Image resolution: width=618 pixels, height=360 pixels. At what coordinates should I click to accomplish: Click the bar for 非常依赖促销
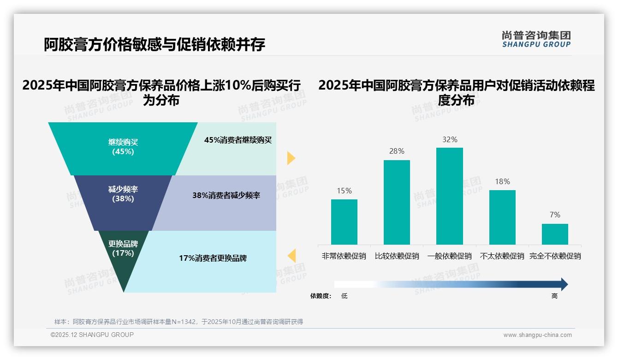tap(344, 222)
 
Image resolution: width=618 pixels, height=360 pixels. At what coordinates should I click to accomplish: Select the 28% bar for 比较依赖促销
tap(397, 202)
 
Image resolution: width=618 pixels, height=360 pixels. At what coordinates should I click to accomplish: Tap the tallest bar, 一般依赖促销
tap(450, 196)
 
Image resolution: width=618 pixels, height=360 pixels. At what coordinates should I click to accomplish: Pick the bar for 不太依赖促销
tap(502, 217)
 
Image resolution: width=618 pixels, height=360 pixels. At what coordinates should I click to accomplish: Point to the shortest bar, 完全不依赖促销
tap(555, 234)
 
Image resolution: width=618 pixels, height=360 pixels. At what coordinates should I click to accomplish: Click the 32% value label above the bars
tap(450, 139)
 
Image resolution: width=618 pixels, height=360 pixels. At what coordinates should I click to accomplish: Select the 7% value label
tap(555, 215)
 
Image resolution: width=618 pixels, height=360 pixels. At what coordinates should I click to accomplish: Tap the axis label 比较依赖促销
tap(397, 256)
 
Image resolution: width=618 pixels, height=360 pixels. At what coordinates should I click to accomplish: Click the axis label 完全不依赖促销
tap(555, 256)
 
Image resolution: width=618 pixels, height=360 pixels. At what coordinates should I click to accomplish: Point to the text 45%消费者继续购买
tap(238, 140)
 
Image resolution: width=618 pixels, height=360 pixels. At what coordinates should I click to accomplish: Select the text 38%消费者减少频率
tap(226, 195)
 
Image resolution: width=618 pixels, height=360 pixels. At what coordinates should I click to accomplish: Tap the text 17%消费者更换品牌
tap(213, 258)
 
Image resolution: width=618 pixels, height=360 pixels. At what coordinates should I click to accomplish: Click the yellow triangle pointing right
tap(291, 158)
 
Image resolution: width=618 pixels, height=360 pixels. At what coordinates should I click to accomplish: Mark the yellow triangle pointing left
tap(291, 256)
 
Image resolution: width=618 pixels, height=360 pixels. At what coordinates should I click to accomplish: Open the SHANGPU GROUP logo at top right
tap(536, 39)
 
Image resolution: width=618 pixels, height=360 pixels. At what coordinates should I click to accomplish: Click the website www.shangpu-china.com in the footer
tap(537, 335)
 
